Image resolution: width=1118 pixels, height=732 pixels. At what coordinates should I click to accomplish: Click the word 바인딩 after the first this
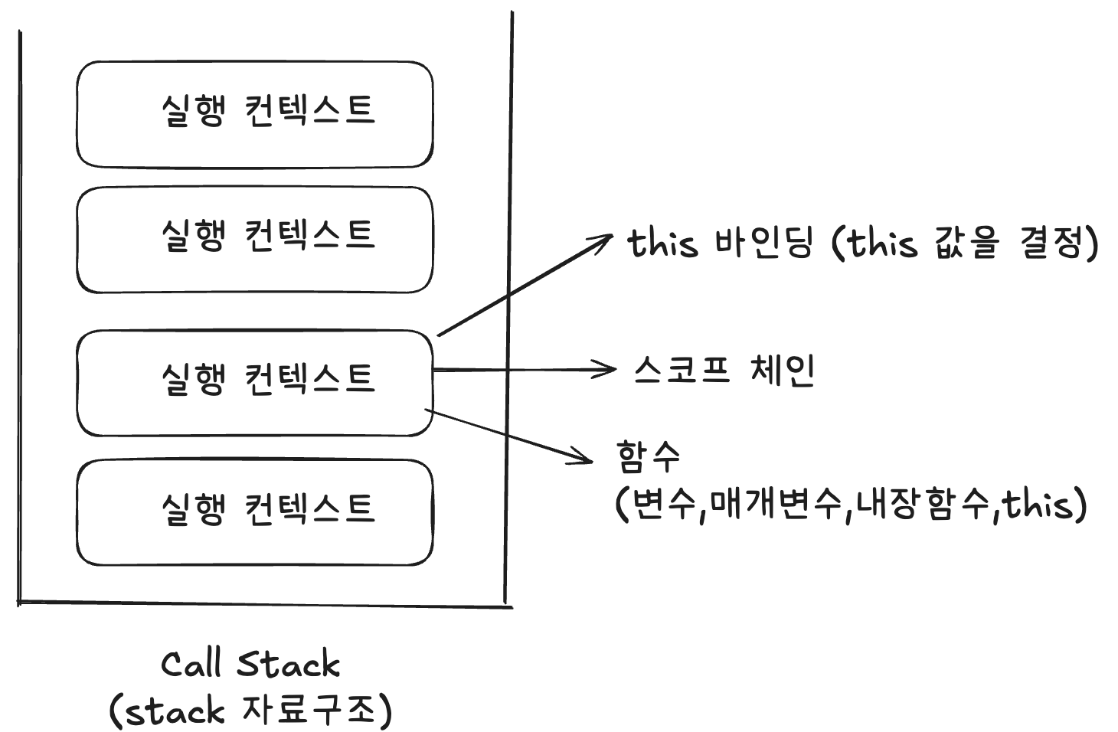coord(763,243)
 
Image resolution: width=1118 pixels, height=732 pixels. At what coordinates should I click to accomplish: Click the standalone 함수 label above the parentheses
coord(648,456)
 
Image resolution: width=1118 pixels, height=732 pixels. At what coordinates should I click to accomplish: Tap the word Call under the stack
coord(191,664)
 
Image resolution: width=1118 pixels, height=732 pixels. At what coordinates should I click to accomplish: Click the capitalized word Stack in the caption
coord(288,664)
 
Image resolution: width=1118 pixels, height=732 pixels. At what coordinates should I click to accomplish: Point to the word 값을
coord(966,243)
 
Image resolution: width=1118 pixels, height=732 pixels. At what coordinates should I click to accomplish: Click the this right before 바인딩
coord(663,243)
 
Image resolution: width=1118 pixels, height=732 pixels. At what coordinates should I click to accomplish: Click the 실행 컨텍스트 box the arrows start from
coord(255,383)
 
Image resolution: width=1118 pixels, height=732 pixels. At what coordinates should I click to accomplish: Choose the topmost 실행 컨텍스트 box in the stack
coord(255,114)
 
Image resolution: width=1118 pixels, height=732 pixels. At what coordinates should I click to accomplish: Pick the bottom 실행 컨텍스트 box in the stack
coord(255,512)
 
